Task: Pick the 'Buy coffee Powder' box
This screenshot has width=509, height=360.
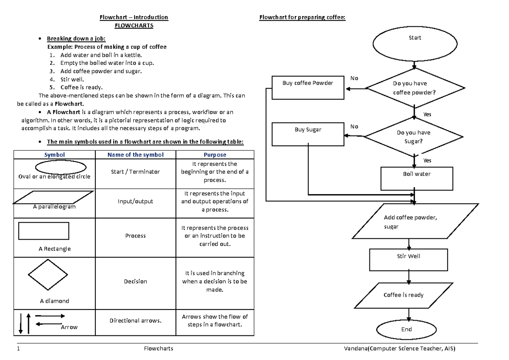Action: coord(308,87)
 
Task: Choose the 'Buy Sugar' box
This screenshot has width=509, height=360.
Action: coord(308,134)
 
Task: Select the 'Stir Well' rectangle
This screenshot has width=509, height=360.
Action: coord(408,260)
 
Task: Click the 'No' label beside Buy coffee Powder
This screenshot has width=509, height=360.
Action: coord(354,78)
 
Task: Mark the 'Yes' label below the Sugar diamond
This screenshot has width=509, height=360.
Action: coord(427,161)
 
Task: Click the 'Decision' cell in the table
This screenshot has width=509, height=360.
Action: coord(135,281)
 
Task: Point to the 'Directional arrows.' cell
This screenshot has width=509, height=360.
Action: coord(135,321)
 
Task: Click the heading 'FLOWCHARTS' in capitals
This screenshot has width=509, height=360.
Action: coord(134,25)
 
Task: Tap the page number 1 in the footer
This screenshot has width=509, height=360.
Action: coord(18,349)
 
